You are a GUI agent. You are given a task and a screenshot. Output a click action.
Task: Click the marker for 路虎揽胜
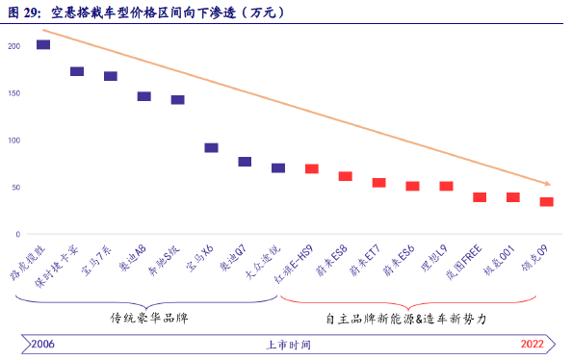[x=43, y=44]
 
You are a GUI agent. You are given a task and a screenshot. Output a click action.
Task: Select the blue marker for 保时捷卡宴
[x=77, y=71]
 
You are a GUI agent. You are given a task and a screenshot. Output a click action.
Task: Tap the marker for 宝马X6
[x=211, y=148]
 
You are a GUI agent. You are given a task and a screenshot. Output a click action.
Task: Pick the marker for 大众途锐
[x=278, y=167]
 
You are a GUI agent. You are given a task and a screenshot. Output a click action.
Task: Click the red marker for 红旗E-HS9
[x=312, y=168]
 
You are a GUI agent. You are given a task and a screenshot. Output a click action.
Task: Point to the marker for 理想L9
[x=446, y=186]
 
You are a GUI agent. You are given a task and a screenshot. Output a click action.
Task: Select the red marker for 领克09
[x=546, y=202]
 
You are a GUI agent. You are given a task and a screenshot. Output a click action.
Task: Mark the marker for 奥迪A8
[x=143, y=96]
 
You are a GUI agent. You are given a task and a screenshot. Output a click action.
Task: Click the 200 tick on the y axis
[x=13, y=46]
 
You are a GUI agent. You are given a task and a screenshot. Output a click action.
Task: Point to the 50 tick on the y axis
[x=15, y=188]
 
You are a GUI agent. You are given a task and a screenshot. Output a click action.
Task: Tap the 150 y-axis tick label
[x=13, y=93]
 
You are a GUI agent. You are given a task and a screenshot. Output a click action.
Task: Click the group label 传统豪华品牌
[x=149, y=317]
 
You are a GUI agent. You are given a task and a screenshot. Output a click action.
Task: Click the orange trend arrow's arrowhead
[x=547, y=183]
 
